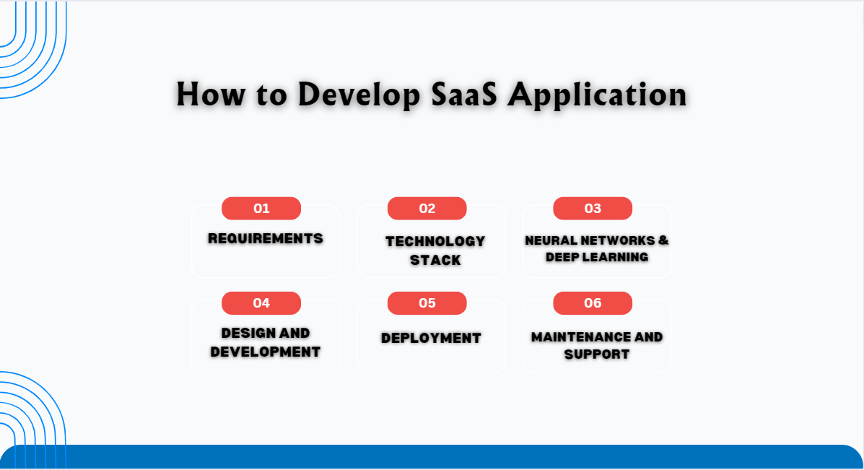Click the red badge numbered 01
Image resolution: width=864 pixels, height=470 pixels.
(x=261, y=208)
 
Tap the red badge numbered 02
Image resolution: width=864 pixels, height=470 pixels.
(x=427, y=208)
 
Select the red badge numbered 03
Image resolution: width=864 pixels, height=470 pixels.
(x=593, y=208)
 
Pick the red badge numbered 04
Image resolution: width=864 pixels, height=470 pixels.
(x=261, y=303)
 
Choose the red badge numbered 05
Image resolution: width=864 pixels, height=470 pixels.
(x=427, y=303)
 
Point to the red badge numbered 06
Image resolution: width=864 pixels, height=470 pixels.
(x=593, y=303)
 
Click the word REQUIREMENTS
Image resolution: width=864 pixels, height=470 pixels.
(x=266, y=238)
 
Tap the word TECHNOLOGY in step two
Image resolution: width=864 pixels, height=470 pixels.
(x=435, y=241)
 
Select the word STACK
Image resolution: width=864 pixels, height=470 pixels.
(x=435, y=260)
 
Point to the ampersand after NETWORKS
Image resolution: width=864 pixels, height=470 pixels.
(x=663, y=240)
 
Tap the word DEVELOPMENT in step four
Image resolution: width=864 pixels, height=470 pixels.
(x=266, y=352)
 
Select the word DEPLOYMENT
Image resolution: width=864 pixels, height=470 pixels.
(x=432, y=339)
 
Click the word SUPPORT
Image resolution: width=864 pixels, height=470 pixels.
(x=597, y=354)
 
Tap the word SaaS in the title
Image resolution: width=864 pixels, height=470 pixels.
(x=465, y=95)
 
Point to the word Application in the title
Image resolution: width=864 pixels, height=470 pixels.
(x=598, y=95)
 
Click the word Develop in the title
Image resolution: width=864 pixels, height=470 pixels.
(x=359, y=95)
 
